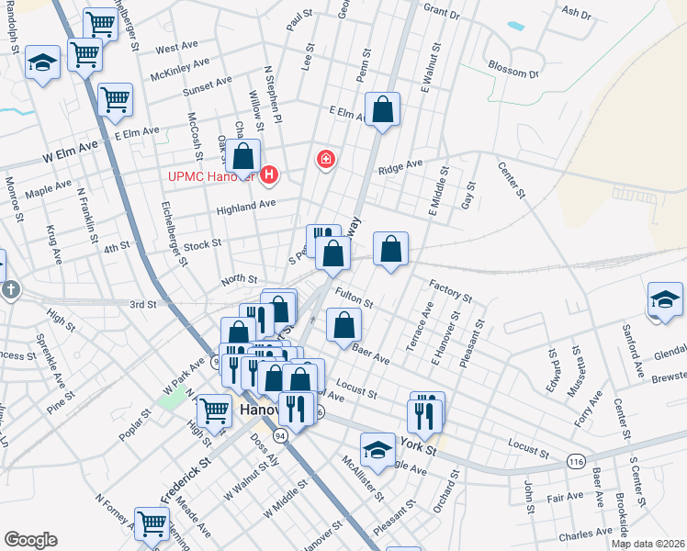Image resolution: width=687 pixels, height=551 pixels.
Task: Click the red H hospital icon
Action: click(x=269, y=174)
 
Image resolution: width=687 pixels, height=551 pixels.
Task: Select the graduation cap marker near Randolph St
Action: click(x=42, y=64)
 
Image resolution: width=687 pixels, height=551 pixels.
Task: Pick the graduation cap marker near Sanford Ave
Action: click(x=666, y=300)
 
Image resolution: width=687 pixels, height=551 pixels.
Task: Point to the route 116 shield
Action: click(x=576, y=460)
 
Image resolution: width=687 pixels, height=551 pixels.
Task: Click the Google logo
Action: click(x=30, y=540)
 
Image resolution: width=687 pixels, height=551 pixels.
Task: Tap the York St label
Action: click(x=419, y=444)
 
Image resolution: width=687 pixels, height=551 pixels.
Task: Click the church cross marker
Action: click(x=7, y=291)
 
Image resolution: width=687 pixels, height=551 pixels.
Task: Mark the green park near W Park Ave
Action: click(x=171, y=400)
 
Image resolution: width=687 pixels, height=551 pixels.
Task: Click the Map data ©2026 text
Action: click(x=647, y=544)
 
